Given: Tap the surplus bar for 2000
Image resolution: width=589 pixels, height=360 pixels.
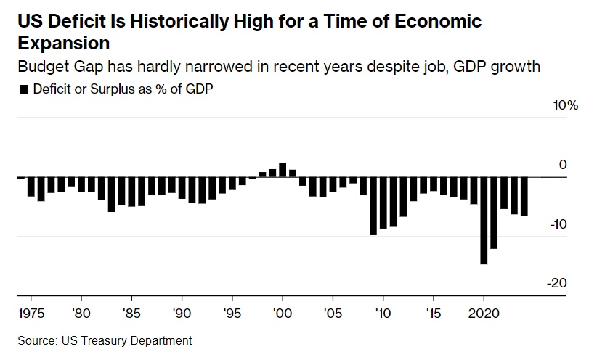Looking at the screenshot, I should pos(283,170).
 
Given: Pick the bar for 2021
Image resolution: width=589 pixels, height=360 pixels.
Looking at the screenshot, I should pos(493,213).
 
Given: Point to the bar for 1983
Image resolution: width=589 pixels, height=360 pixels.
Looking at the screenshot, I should pos(112,194).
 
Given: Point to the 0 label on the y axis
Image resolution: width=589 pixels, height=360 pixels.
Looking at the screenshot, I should pos(562,165).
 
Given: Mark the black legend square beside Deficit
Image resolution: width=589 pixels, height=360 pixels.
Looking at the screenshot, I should pos(24,89).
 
